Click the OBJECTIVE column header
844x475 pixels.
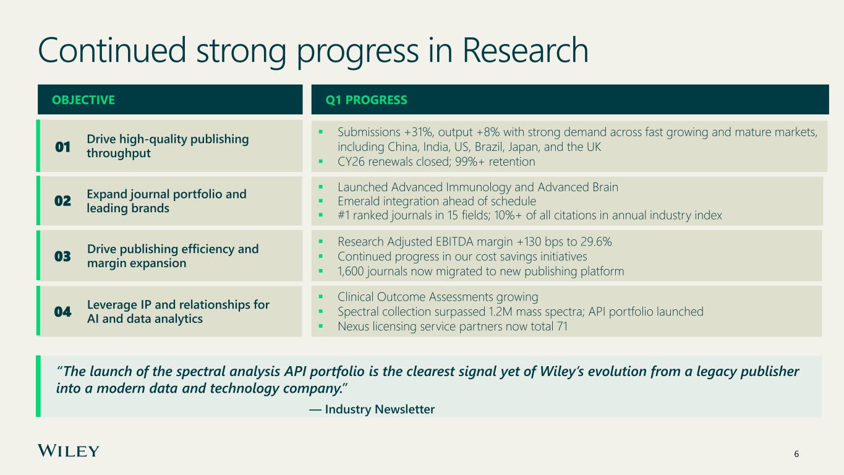point(83,100)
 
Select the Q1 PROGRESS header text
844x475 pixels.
point(366,100)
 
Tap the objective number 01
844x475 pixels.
point(62,147)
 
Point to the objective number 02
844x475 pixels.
point(62,201)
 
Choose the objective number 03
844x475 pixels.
point(62,256)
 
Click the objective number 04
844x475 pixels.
point(62,312)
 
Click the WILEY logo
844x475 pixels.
point(68,451)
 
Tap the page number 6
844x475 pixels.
point(796,454)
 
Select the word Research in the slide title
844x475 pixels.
point(525,50)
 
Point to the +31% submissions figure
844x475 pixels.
point(418,132)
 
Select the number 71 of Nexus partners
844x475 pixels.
point(562,327)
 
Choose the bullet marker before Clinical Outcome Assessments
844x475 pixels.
point(321,297)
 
